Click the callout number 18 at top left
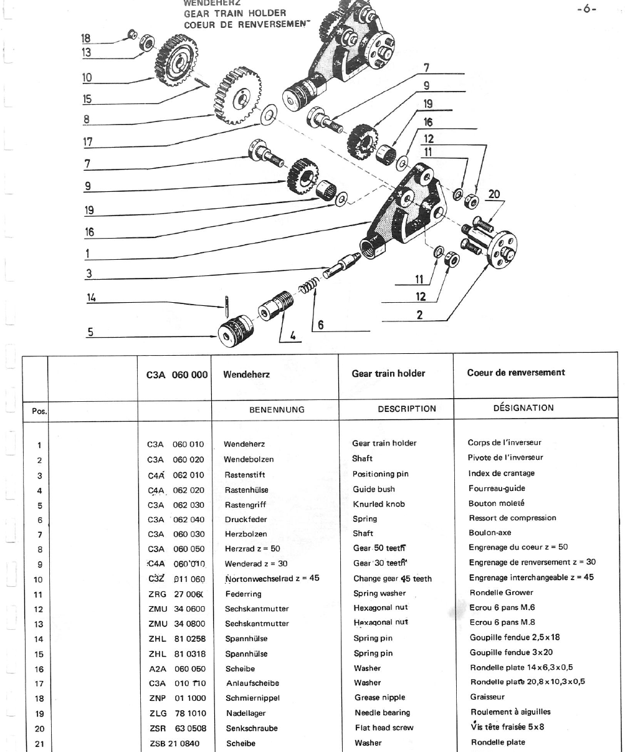tap(86, 37)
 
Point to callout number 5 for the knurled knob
tap(90, 332)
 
